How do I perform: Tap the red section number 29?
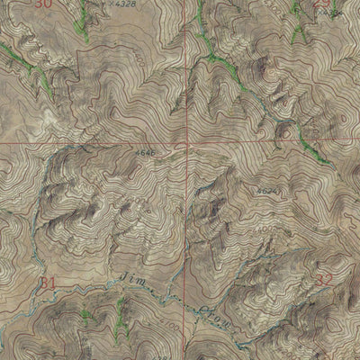(325, 4)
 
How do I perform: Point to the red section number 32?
(323, 281)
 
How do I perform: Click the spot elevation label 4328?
(128, 4)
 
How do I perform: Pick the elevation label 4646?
(147, 154)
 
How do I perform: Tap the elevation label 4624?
(266, 192)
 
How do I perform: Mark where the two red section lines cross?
(187, 142)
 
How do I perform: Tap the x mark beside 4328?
(113, 4)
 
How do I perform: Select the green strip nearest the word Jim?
(117, 315)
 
